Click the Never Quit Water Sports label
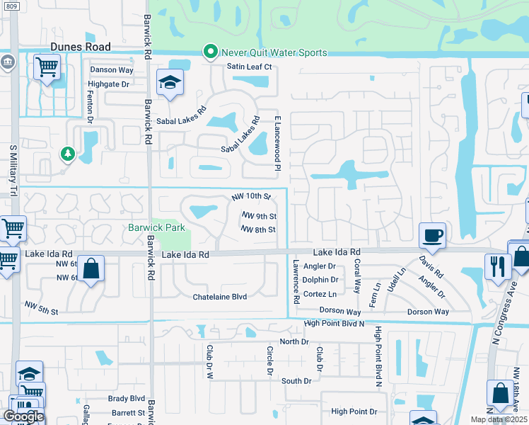[x=274, y=52]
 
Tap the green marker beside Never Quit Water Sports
[x=210, y=52]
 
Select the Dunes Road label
[x=80, y=47]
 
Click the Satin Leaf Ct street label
[x=249, y=67]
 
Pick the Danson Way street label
[x=111, y=70]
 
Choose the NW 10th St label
[x=252, y=196]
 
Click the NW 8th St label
[x=258, y=229]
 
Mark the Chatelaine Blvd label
[x=220, y=297]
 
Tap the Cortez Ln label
[x=320, y=294]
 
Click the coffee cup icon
[x=432, y=235]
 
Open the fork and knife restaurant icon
[x=498, y=266]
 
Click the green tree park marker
[x=67, y=153]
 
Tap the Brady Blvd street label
[x=127, y=399]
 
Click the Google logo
[x=23, y=416]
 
